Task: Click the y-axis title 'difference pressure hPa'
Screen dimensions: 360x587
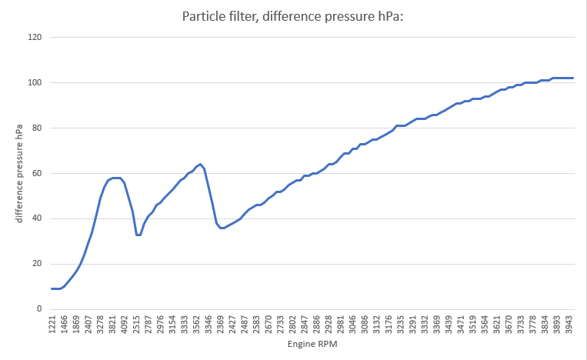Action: (18, 174)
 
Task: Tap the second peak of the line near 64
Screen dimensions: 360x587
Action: (200, 164)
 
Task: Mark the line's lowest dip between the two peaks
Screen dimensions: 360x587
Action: (138, 235)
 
